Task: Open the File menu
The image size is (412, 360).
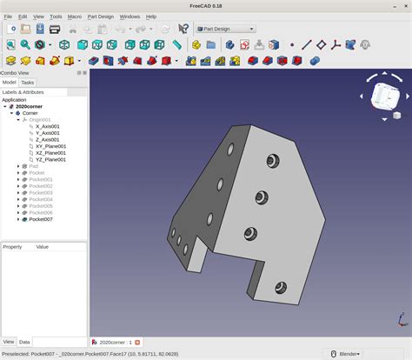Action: click(8, 17)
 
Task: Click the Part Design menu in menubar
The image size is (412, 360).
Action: click(100, 17)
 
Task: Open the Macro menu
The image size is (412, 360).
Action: click(75, 17)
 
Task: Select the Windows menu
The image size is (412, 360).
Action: click(130, 17)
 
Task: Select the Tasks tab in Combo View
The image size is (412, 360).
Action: click(28, 83)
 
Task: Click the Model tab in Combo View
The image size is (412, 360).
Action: click(10, 83)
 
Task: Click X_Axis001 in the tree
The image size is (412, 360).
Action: click(47, 126)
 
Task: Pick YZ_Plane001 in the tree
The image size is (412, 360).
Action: click(50, 159)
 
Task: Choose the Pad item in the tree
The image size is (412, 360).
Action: click(34, 166)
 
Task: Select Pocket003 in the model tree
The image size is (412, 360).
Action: click(41, 192)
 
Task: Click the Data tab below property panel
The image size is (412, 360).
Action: click(24, 342)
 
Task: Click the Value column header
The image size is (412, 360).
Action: click(42, 247)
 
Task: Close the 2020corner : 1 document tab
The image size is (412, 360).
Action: click(136, 343)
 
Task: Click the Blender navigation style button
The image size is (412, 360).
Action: click(349, 354)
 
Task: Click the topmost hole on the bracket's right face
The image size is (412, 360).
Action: click(273, 161)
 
